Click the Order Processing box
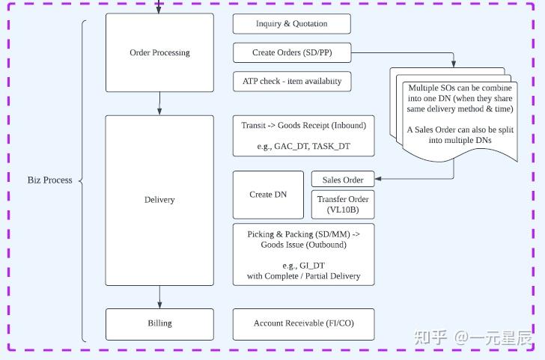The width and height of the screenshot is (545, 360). [159, 52]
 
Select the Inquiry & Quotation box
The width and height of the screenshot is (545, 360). [292, 24]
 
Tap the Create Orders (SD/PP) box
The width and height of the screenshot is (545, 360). [292, 52]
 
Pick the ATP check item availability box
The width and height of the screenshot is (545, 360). [292, 82]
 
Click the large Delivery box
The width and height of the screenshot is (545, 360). [159, 201]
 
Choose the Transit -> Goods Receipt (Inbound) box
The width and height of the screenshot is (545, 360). [303, 136]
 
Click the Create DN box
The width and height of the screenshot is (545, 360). [268, 195]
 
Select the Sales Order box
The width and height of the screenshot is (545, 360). [343, 179]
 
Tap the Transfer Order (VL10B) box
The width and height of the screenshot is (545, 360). [343, 204]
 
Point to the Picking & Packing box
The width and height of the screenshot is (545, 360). [303, 254]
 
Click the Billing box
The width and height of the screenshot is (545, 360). [159, 324]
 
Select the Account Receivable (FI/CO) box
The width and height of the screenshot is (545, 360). [303, 324]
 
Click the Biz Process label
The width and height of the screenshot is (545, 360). [49, 180]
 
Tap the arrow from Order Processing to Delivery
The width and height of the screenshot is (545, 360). [159, 103]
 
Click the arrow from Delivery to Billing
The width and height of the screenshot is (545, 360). [159, 297]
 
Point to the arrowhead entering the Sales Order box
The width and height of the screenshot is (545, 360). [378, 179]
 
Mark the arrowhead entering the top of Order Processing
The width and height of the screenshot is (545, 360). [159, 10]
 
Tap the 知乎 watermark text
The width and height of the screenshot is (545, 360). [430, 338]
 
